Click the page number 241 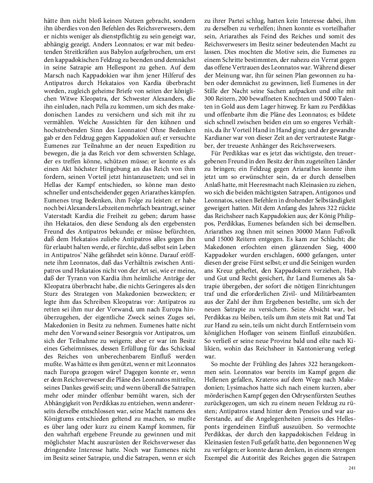[351, 468]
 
